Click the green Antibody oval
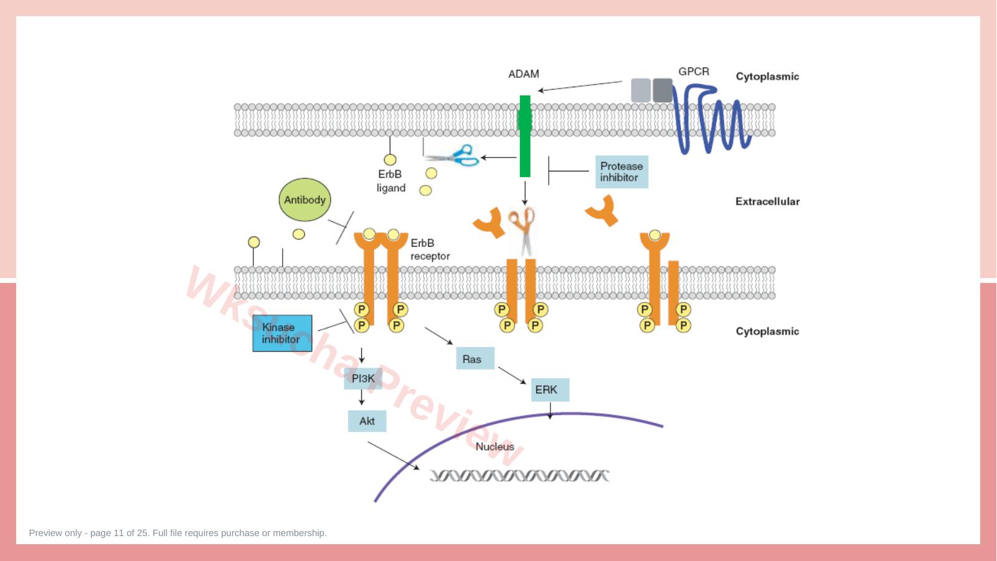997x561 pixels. coord(305,199)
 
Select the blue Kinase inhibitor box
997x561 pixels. coord(282,333)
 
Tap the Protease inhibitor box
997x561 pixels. coord(621,171)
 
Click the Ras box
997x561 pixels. coord(475,358)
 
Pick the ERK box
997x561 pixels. coord(550,390)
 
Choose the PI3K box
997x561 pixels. coord(363,378)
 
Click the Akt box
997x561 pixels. coord(367,421)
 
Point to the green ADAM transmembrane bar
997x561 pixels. coord(525,136)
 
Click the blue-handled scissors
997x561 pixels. coord(451,155)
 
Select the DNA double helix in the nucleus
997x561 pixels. coord(519,476)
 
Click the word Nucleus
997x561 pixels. coord(494,446)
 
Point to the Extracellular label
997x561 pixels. coord(767,201)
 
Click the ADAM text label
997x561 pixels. coord(524,74)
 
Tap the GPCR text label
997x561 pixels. coord(694,72)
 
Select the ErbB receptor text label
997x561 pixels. coord(430,249)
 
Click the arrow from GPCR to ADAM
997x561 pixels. coord(580,86)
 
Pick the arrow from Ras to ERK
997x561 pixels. coord(512,375)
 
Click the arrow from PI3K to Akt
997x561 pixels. coord(361,397)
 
